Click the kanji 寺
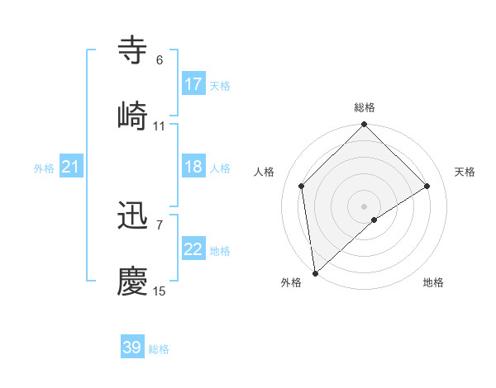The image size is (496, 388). (x=133, y=50)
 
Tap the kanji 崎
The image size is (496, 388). (x=133, y=116)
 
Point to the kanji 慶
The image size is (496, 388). (x=133, y=282)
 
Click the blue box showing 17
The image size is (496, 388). (x=193, y=84)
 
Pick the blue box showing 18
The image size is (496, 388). (x=193, y=167)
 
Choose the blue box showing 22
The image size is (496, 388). (x=193, y=249)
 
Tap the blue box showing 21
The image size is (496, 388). (x=71, y=168)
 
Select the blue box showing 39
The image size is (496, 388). (x=132, y=348)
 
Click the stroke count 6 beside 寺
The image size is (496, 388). (x=159, y=60)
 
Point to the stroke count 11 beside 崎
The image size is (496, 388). (x=159, y=126)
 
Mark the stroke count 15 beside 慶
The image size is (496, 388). (x=159, y=291)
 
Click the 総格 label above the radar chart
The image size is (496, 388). (x=365, y=107)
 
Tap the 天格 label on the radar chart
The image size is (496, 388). (x=465, y=172)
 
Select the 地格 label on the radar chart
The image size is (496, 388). (x=433, y=282)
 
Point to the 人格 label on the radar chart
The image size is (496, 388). (x=265, y=172)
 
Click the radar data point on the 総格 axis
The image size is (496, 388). (x=365, y=125)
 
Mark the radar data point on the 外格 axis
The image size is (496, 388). (x=315, y=273)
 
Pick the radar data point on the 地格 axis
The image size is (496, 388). (x=374, y=220)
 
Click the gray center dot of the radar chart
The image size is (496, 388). (x=365, y=206)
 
